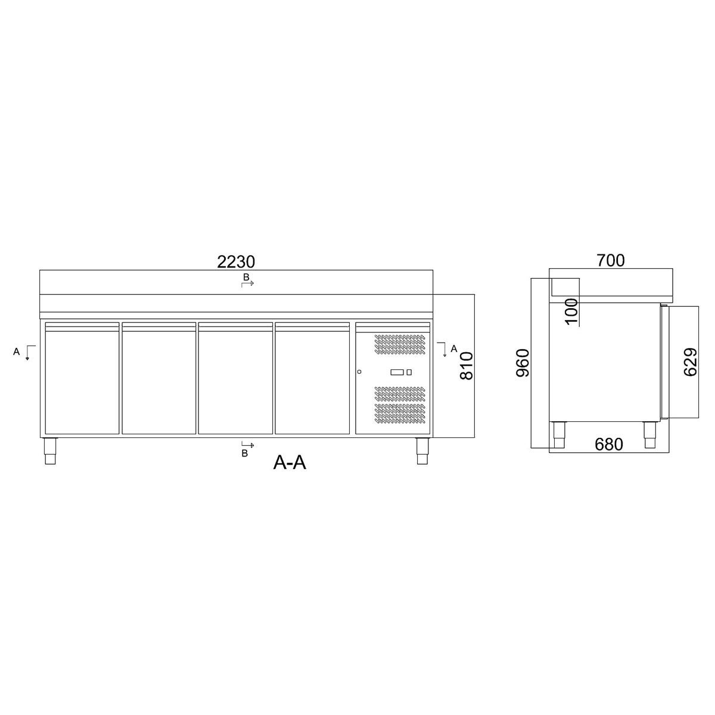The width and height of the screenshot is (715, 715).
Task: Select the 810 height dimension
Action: click(467, 365)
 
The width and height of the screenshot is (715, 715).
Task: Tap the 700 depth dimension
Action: click(610, 260)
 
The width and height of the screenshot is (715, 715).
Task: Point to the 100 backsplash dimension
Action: click(571, 310)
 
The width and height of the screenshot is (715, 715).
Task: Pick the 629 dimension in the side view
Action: click(691, 362)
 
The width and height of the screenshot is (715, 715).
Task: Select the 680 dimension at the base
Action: click(608, 444)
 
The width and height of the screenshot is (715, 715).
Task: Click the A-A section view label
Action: click(290, 462)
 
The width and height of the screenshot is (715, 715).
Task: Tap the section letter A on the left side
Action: click(17, 352)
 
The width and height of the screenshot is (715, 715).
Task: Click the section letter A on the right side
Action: click(454, 349)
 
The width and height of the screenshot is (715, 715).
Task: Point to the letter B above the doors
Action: click(245, 278)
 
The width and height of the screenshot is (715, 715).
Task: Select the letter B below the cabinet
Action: click(244, 453)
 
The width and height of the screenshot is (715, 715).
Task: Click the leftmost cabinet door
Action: click(82, 378)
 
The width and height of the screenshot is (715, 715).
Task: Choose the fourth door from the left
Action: click(312, 378)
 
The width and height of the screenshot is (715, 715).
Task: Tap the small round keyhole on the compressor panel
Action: click(359, 372)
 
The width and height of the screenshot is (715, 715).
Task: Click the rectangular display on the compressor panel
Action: click(397, 372)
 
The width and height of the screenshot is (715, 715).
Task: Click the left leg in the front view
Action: click(50, 451)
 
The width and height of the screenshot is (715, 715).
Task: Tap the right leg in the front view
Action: click(422, 451)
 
